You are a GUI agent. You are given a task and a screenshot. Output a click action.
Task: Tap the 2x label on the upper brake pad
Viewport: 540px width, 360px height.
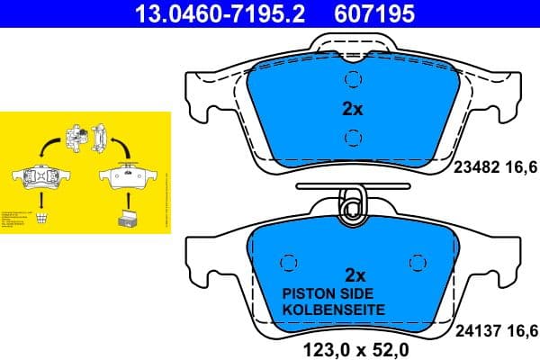click(x=352, y=110)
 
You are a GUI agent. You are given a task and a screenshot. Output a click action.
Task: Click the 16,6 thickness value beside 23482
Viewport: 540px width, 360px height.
click(x=524, y=166)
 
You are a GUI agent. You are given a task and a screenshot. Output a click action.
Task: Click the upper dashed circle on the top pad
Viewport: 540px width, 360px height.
click(x=353, y=80)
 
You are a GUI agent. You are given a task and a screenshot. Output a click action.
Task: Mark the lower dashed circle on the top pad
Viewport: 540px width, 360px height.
click(x=353, y=138)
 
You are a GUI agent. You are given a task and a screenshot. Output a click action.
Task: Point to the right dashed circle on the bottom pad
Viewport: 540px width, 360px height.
click(x=416, y=262)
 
